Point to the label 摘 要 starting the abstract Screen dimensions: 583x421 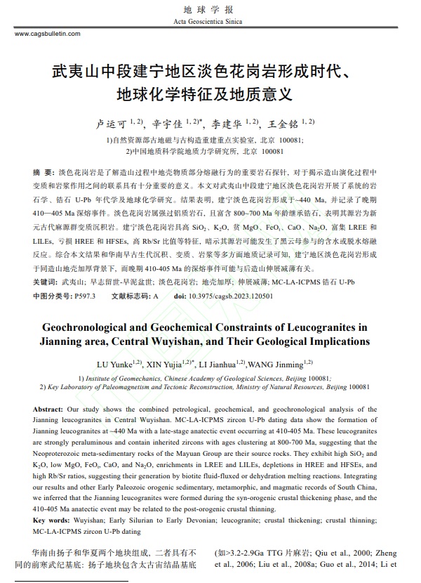43,173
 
